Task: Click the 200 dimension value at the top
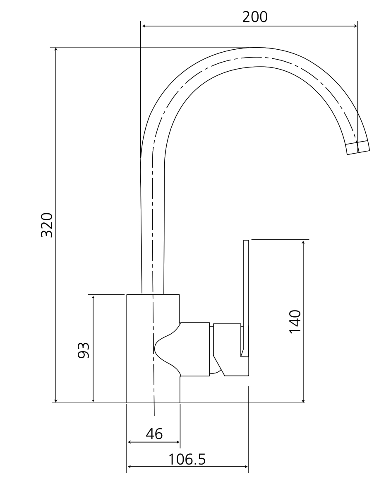[255, 17]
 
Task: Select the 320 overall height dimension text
[47, 225]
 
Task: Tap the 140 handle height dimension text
[295, 321]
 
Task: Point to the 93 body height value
[84, 350]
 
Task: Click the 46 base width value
[154, 434]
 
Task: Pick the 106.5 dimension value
[187, 459]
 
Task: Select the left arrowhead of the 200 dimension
[144, 26]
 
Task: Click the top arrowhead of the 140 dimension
[304, 242]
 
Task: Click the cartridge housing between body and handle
[194, 349]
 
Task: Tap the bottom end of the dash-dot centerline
[154, 414]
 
